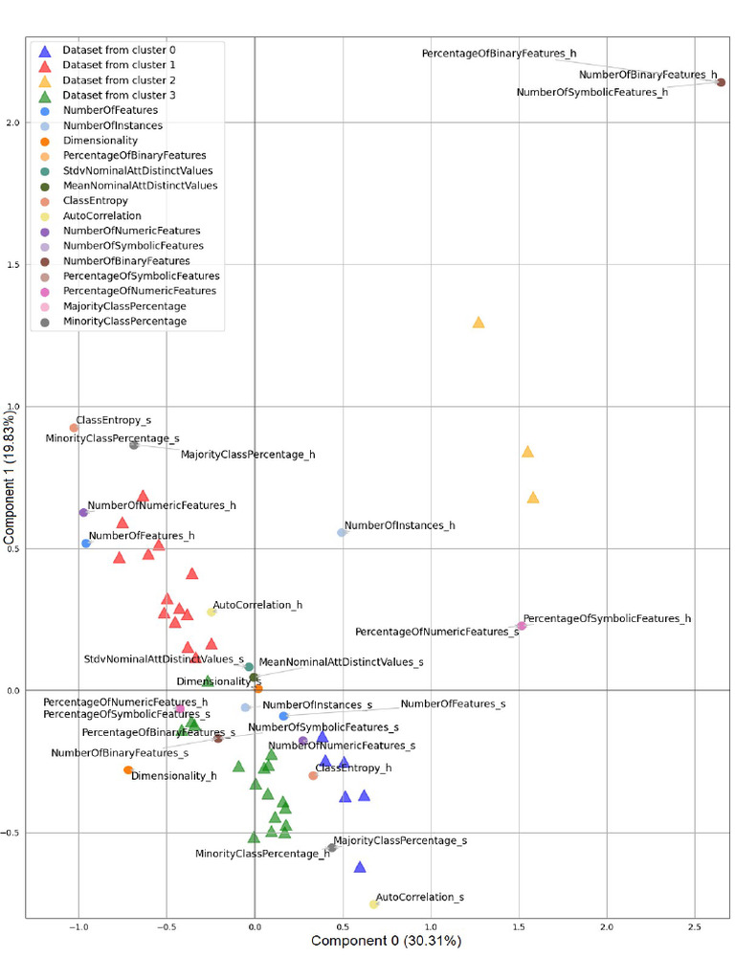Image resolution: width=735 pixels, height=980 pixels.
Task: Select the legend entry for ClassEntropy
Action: point(95,201)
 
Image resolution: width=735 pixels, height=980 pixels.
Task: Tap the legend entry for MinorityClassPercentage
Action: point(124,322)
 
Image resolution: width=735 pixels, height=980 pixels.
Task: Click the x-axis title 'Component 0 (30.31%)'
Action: point(386,942)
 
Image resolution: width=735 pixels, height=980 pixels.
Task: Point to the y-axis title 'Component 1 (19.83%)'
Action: point(11,479)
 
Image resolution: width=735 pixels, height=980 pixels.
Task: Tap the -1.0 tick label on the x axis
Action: point(78,926)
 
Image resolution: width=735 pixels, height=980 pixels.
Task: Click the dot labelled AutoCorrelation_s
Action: point(374,903)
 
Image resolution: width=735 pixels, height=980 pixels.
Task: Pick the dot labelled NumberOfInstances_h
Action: point(342,532)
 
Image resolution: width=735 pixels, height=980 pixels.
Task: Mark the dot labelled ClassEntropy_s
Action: point(74,428)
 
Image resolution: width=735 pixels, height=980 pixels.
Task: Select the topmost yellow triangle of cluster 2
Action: point(479,323)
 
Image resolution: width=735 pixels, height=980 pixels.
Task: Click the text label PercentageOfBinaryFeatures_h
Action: point(499,55)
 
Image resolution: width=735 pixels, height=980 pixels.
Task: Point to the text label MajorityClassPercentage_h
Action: point(247,456)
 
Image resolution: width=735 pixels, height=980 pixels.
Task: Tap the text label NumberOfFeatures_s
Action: point(453,704)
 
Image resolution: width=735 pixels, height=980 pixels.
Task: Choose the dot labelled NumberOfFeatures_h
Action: point(86,544)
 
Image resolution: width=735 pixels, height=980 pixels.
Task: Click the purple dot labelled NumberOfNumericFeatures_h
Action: point(83,513)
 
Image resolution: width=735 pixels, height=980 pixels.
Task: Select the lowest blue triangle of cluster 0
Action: point(360,867)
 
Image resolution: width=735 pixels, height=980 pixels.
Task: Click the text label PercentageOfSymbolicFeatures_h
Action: point(607,619)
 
